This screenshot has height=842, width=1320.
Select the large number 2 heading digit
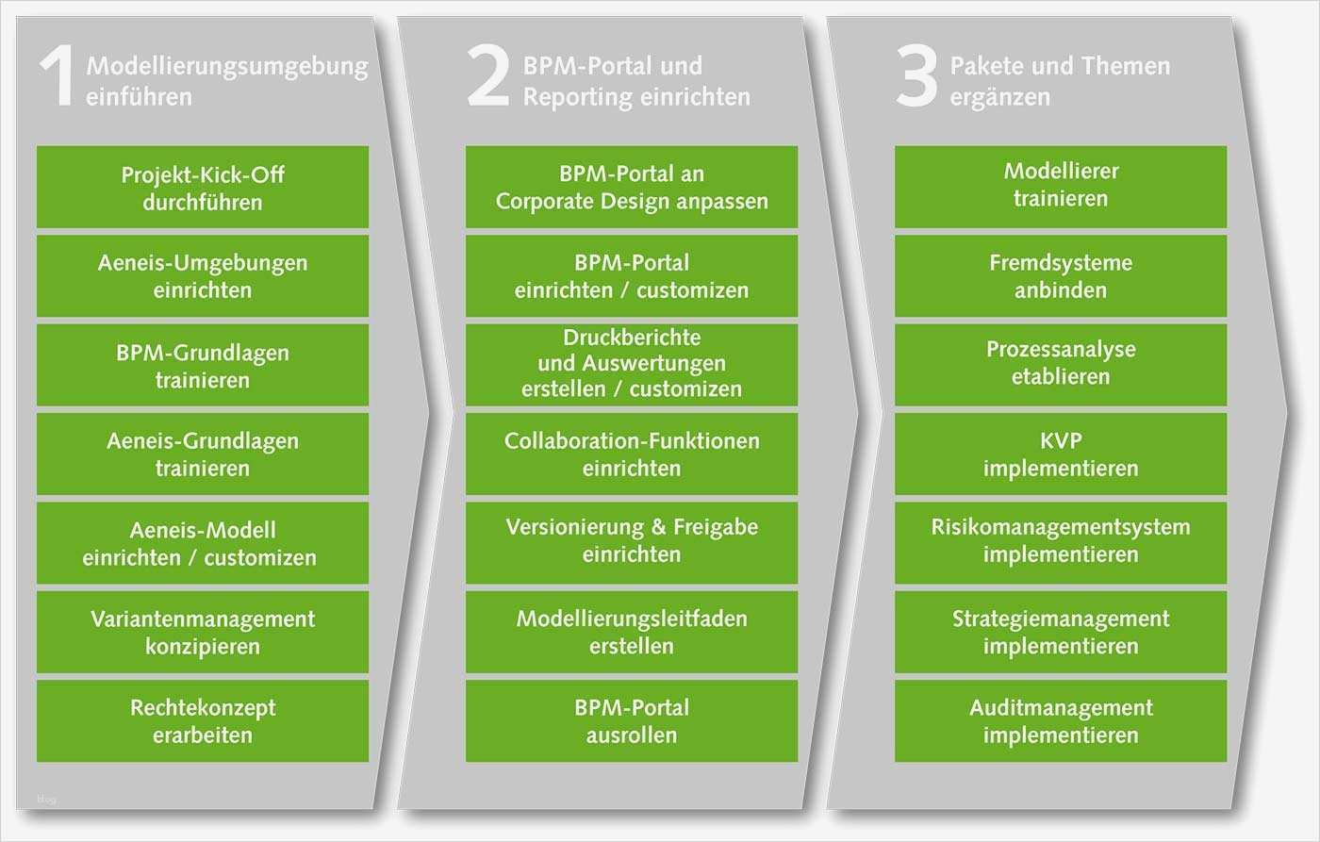(x=488, y=78)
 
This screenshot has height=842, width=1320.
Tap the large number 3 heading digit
(x=916, y=78)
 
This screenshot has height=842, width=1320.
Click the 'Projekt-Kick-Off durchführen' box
(x=203, y=188)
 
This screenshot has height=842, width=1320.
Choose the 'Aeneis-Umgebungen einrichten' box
(x=203, y=276)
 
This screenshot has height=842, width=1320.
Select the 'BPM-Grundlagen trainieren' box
(x=203, y=366)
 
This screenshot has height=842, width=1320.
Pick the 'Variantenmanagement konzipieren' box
(x=203, y=632)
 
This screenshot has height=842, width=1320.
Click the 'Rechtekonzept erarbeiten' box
(x=203, y=721)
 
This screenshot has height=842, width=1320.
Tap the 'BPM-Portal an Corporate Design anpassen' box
(x=632, y=188)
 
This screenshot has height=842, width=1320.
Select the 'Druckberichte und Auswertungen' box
(x=632, y=364)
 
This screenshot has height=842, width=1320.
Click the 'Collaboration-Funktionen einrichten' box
(x=632, y=454)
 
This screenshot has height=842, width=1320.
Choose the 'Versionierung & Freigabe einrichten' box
(x=632, y=541)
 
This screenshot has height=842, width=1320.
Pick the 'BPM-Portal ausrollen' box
(x=632, y=721)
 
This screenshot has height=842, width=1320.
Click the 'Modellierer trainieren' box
(x=1061, y=186)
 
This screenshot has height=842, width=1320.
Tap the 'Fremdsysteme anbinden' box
(x=1061, y=276)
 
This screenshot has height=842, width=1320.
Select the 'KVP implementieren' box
(x=1061, y=454)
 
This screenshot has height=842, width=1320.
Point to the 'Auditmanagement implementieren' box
(x=1061, y=721)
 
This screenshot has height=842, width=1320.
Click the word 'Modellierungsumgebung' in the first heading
(x=227, y=66)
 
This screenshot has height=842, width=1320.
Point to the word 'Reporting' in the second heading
(x=578, y=97)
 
